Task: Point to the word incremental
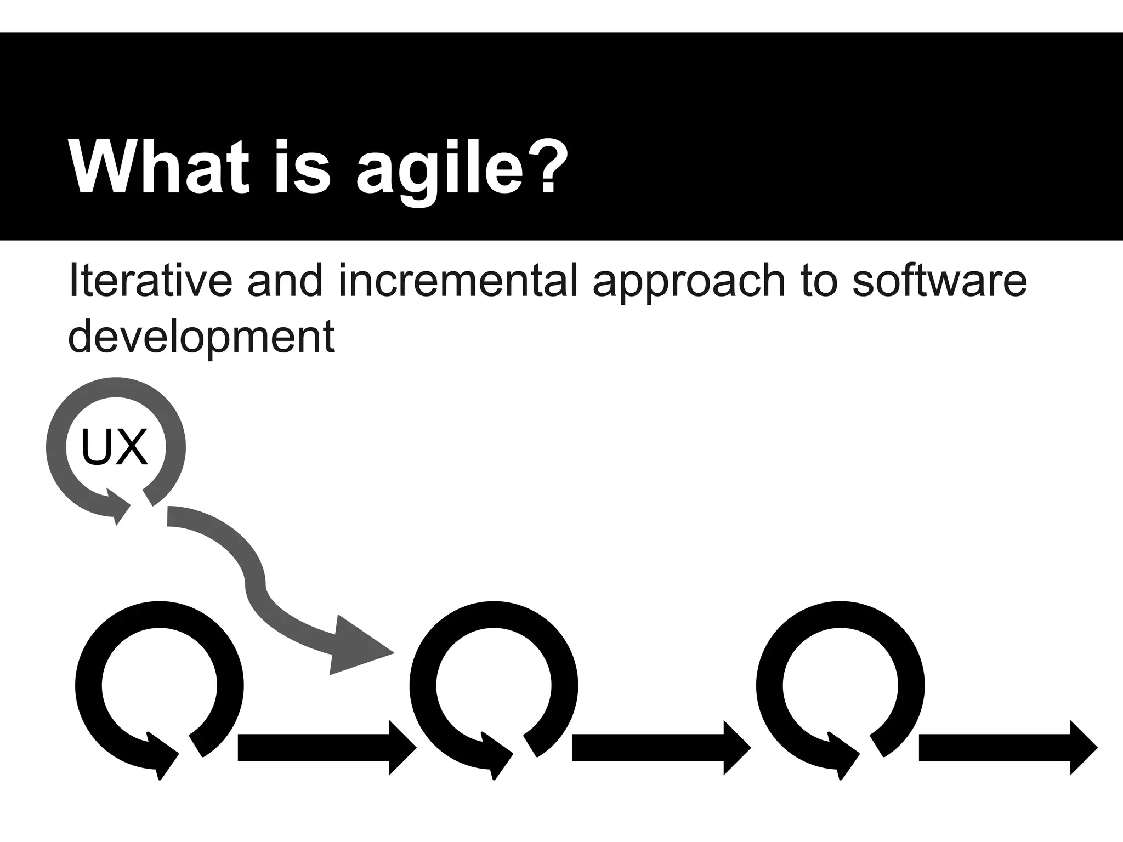[x=458, y=280]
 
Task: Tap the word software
[x=939, y=280]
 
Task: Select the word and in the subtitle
[x=284, y=280]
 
